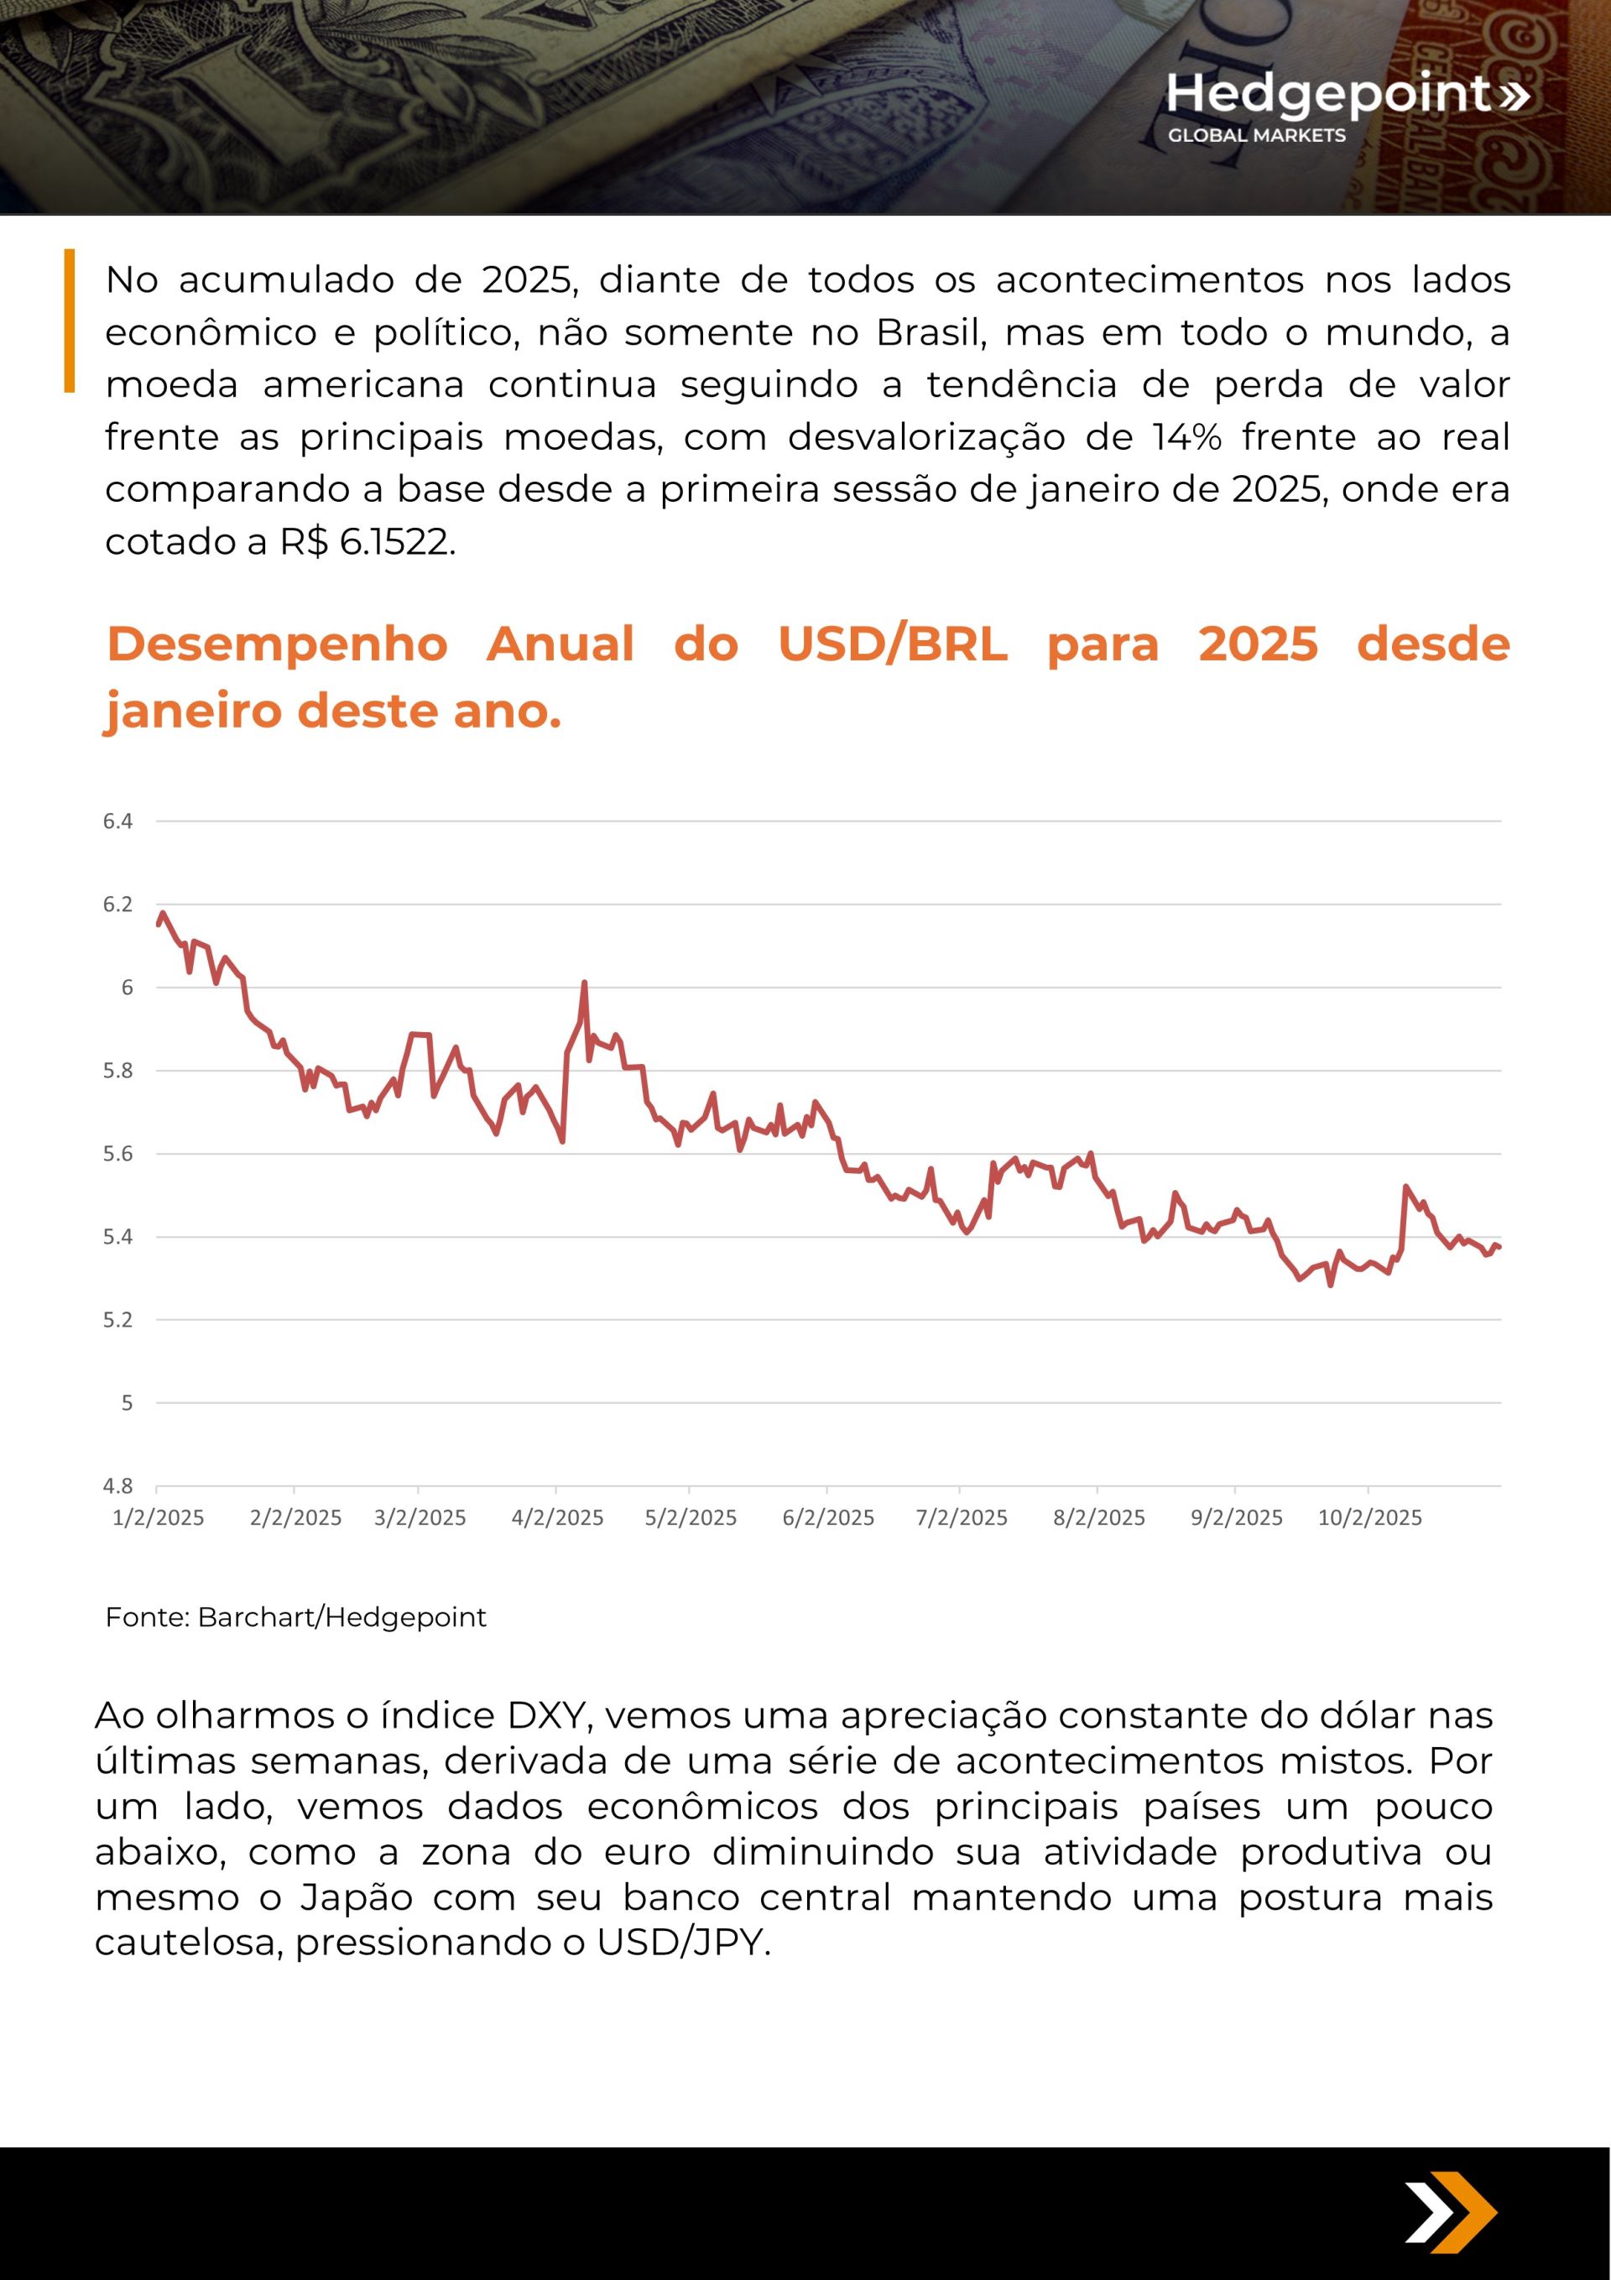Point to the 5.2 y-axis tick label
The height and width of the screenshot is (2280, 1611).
pyautogui.click(x=117, y=1320)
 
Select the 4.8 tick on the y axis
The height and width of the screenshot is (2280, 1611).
pyautogui.click(x=117, y=1485)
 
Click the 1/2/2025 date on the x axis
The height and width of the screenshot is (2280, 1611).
pyautogui.click(x=158, y=1517)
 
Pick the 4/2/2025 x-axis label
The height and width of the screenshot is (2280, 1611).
pyautogui.click(x=557, y=1517)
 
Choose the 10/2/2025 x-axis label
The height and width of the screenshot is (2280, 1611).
pyautogui.click(x=1369, y=1517)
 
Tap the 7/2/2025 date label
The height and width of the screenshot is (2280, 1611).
pyautogui.click(x=962, y=1517)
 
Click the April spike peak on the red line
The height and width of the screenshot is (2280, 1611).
pyautogui.click(x=584, y=983)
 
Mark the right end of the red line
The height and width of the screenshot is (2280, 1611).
pyautogui.click(x=1499, y=1247)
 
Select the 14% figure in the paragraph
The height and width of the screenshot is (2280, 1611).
pyautogui.click(x=1187, y=437)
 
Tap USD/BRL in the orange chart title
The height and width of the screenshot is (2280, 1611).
pyautogui.click(x=892, y=644)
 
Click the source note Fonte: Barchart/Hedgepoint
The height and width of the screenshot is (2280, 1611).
pyautogui.click(x=296, y=1618)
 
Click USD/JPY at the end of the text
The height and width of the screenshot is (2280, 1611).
pyautogui.click(x=682, y=1943)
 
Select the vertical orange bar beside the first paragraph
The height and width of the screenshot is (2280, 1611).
pyautogui.click(x=70, y=320)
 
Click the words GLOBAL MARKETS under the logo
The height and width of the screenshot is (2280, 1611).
pyautogui.click(x=1256, y=135)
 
